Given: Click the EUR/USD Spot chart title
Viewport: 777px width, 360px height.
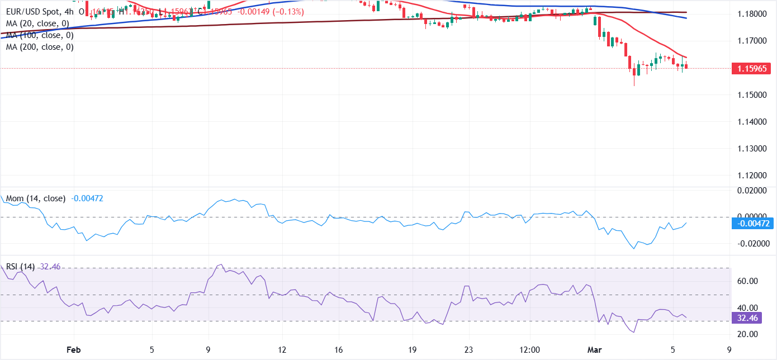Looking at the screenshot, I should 31,11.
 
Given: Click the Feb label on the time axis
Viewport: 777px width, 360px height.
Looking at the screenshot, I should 73,349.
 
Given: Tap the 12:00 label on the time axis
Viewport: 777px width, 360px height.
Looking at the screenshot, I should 529,349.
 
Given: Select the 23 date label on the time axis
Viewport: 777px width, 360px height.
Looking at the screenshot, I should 468,349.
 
